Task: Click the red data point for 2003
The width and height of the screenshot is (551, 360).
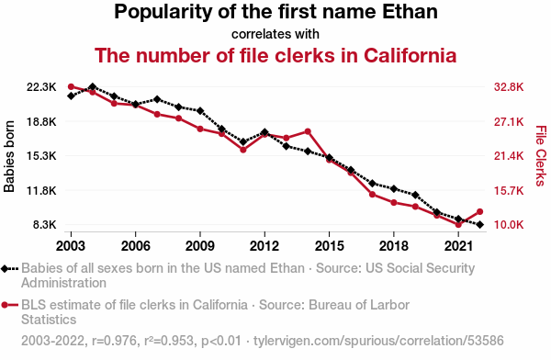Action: (71, 87)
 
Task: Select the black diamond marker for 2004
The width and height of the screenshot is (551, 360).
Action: (93, 87)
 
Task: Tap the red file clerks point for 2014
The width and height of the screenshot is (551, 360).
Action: (308, 131)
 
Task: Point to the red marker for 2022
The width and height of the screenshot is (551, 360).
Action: (480, 211)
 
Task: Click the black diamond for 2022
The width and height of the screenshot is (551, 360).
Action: (480, 224)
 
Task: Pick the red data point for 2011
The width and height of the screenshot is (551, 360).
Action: (243, 150)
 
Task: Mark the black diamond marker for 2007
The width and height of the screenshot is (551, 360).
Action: (157, 99)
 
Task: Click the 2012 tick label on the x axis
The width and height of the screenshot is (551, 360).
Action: (264, 246)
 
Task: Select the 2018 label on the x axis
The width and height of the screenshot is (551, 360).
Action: (394, 246)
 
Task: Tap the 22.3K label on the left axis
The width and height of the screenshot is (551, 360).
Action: (41, 87)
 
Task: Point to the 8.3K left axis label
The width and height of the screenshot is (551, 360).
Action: (45, 224)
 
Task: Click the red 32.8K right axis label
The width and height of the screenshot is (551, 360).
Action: (509, 87)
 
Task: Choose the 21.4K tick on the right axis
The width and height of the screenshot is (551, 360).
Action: (509, 156)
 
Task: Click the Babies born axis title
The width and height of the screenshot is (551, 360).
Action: (9, 156)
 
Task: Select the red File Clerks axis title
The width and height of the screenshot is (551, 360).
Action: (541, 156)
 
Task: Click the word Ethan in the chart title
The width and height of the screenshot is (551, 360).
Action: (410, 12)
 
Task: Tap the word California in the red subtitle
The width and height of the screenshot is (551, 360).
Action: (410, 55)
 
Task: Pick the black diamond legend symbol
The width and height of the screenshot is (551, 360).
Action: (5, 269)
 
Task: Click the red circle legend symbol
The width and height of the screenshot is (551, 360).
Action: (5, 305)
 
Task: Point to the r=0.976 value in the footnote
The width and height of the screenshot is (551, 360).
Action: (114, 341)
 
